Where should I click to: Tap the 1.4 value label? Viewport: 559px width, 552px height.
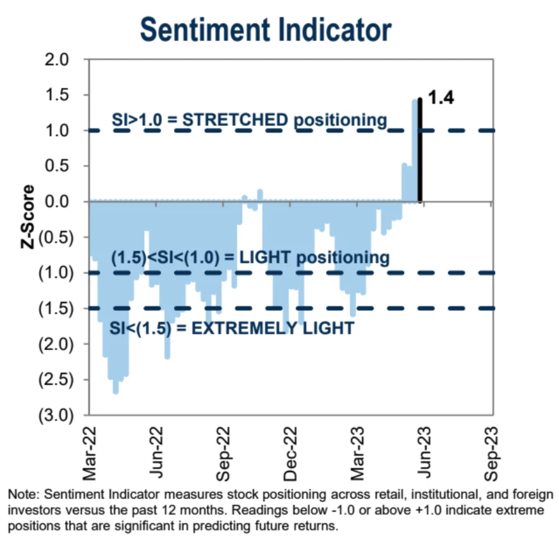click(441, 98)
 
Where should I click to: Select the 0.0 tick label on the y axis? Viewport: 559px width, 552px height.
click(64, 202)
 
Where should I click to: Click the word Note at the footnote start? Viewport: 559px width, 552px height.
click(20, 494)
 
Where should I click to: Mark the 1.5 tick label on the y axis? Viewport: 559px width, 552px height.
click(64, 95)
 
